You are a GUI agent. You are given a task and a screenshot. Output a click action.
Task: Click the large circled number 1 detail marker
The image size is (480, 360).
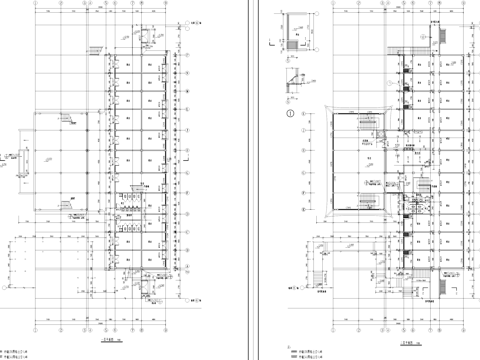tap(291, 114)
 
